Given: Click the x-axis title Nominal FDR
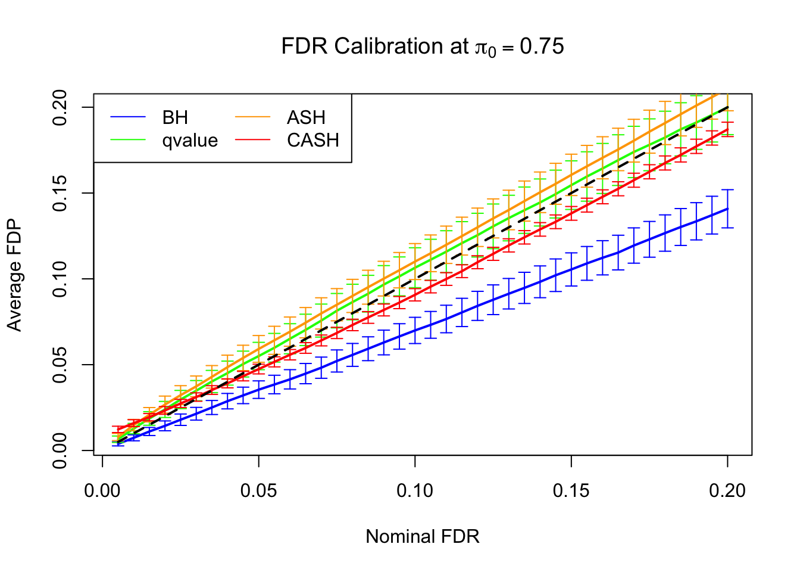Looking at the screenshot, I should point(422,536).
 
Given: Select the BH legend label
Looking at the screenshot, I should point(175,117).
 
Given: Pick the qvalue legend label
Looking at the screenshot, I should point(190,141).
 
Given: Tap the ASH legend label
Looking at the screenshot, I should point(306,117).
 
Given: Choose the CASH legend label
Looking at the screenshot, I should point(313,141).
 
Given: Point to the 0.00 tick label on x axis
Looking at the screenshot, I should point(102,491).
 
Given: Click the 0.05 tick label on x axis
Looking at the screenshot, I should point(259,491).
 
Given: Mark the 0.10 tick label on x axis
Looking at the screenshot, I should point(415,491).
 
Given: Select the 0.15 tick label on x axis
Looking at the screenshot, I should point(571,491).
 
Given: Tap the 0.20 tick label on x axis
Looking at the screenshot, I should point(727,491).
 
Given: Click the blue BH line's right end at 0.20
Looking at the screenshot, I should point(727,209).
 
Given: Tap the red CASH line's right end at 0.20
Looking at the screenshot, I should point(727,129).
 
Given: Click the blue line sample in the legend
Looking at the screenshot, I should point(128,117).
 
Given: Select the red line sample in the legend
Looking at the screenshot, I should point(253,141).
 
